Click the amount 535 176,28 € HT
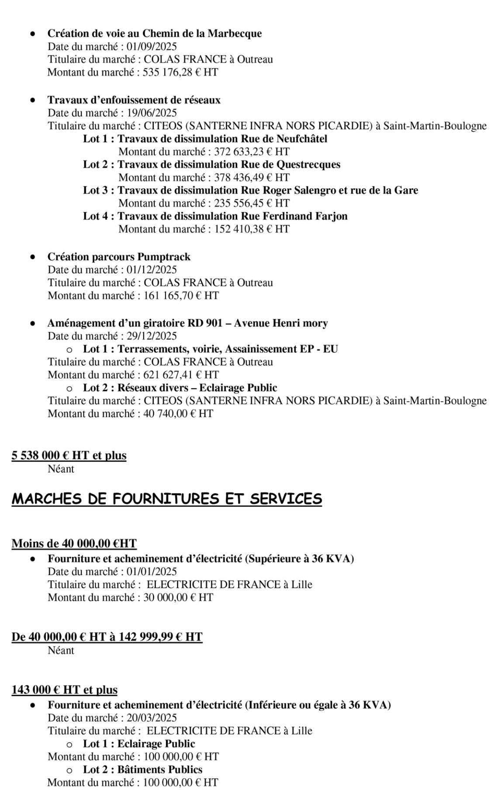pyautogui.click(x=180, y=72)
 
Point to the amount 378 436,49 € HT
pyautogui.click(x=252, y=177)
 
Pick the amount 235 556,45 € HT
pyautogui.click(x=252, y=203)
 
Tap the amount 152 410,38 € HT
pyautogui.click(x=252, y=229)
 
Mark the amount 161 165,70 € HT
pyautogui.click(x=181, y=295)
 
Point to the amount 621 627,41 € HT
pyautogui.click(x=181, y=375)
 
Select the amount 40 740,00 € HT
pyautogui.click(x=178, y=413)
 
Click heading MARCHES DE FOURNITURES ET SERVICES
pyautogui.click(x=167, y=499)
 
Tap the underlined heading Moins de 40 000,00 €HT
pyautogui.click(x=74, y=544)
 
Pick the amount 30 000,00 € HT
pyautogui.click(x=178, y=597)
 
